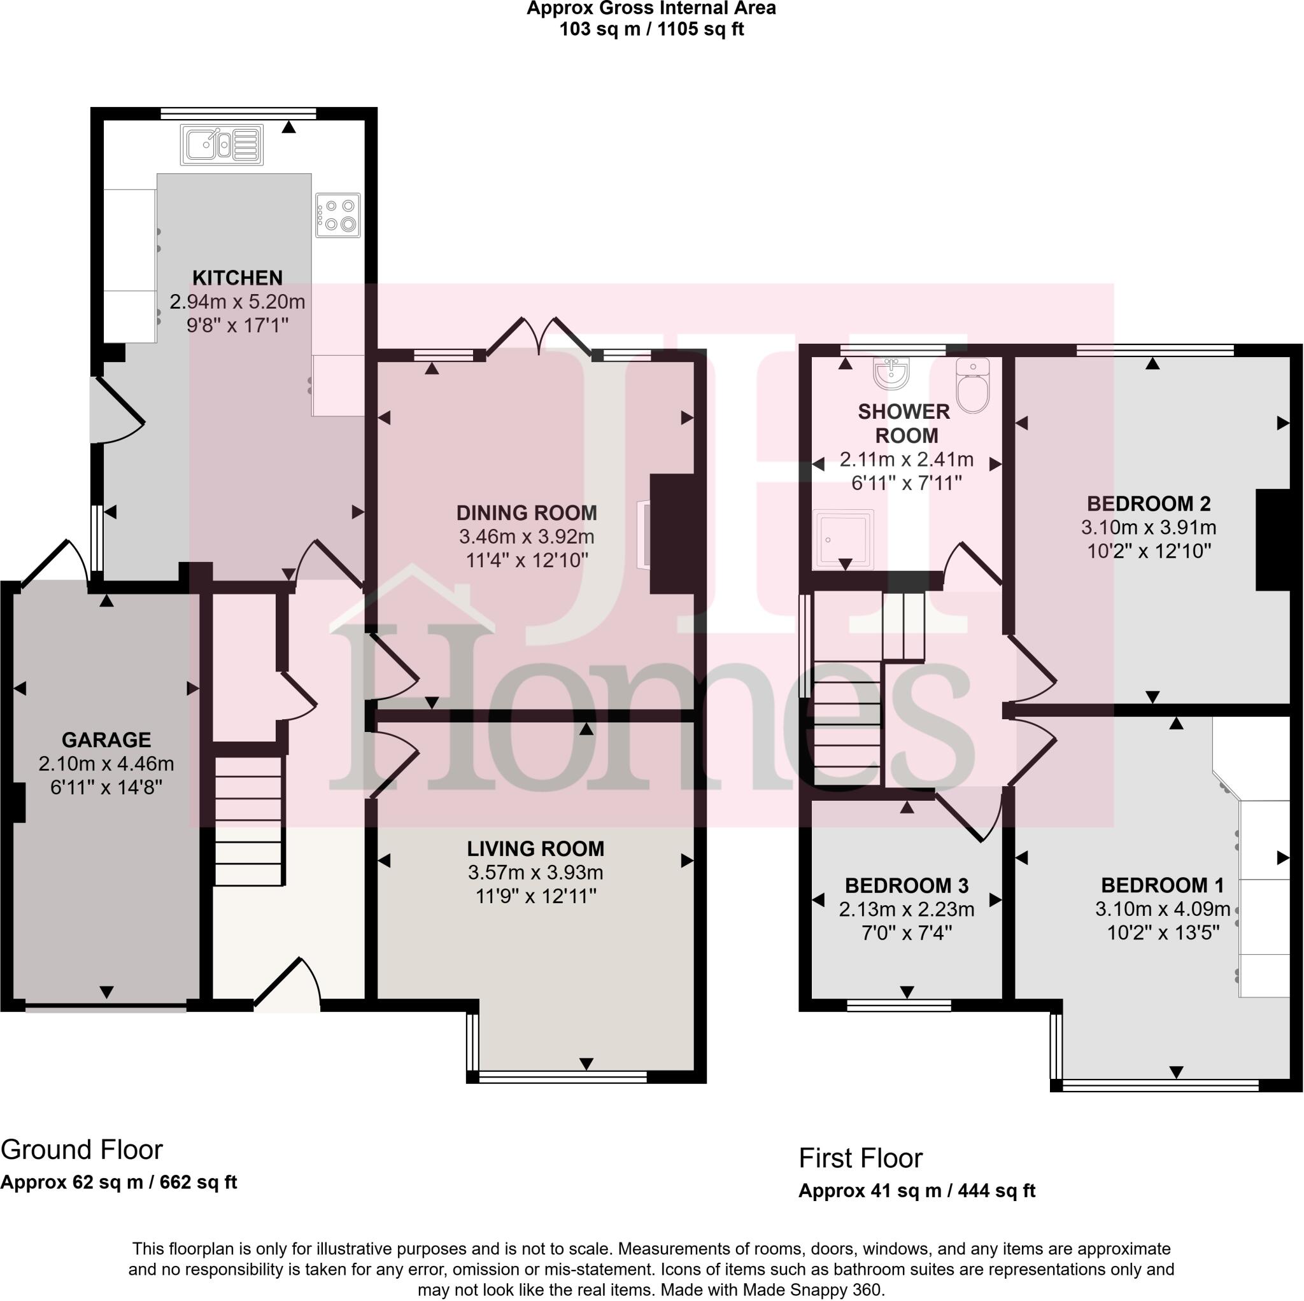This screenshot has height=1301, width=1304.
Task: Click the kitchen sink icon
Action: tap(222, 144)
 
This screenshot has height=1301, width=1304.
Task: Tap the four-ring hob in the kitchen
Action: tap(337, 214)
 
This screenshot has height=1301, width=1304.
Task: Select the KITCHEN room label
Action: tap(237, 278)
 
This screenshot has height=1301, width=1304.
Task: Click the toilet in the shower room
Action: tap(973, 385)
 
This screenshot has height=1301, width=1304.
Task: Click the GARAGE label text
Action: tap(106, 740)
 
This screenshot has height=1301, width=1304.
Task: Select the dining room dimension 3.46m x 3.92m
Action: tap(527, 537)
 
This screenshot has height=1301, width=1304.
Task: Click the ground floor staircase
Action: tap(248, 821)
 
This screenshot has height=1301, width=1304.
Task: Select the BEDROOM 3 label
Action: tap(906, 885)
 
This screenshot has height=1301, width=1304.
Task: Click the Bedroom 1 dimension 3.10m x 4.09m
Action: tap(1162, 908)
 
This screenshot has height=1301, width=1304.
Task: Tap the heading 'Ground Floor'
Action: tap(81, 1149)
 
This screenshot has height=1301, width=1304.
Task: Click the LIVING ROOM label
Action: tap(535, 848)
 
